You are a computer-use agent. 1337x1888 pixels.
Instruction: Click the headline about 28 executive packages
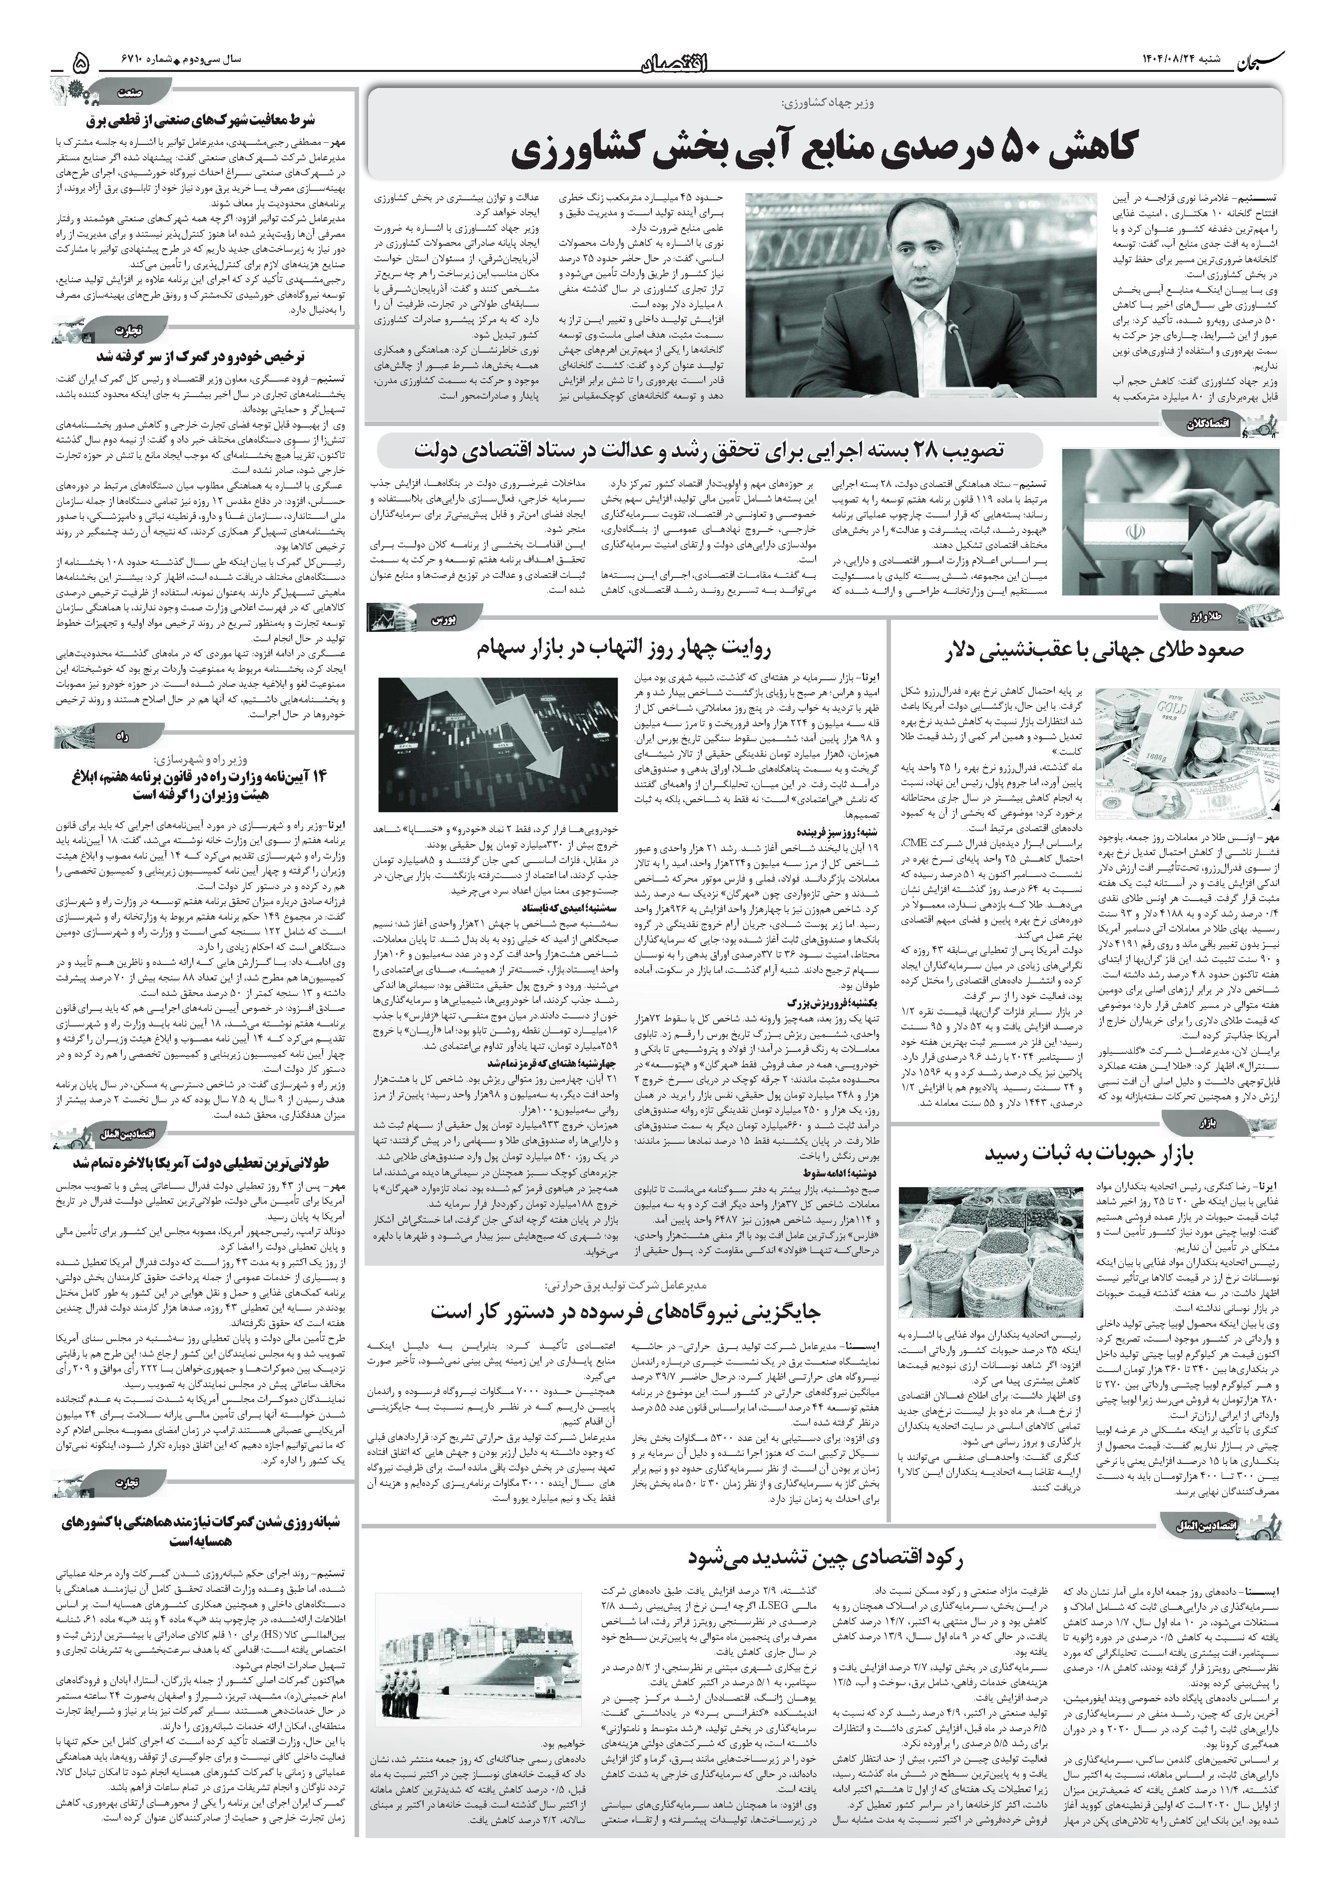[x=709, y=451]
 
